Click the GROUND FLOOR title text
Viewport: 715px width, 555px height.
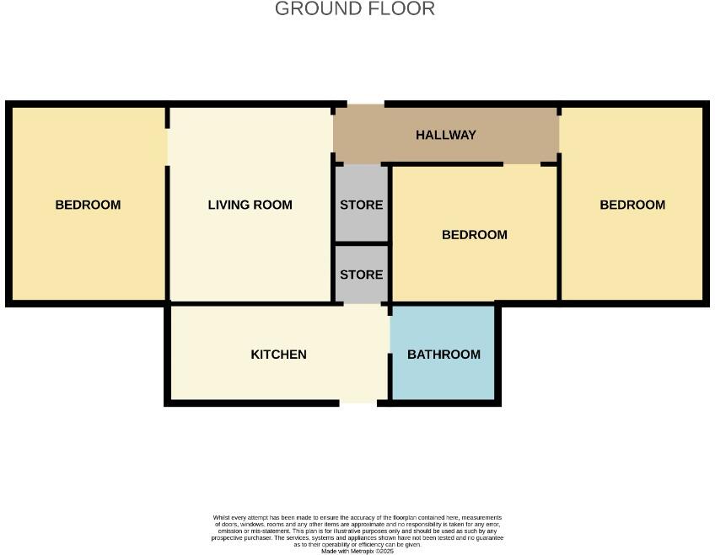[x=355, y=9]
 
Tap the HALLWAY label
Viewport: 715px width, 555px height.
[x=446, y=135]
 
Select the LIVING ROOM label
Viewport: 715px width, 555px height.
[x=250, y=205]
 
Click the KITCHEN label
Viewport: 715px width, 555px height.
[x=278, y=355]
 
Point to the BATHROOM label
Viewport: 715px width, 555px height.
[x=444, y=355]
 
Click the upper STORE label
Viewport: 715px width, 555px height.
[x=362, y=205]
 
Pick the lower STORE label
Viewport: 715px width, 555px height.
[x=362, y=275]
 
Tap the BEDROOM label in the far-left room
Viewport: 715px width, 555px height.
[x=88, y=205]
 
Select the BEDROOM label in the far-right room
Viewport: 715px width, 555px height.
[x=632, y=205]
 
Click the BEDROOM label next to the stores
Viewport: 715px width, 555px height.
[x=475, y=235]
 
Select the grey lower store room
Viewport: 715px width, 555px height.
[x=362, y=291]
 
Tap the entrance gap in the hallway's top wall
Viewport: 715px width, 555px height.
[x=365, y=105]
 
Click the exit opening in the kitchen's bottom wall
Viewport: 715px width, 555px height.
[x=358, y=403]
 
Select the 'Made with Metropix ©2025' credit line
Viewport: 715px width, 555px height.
[x=357, y=551]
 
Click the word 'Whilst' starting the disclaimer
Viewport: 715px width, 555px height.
[x=220, y=518]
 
